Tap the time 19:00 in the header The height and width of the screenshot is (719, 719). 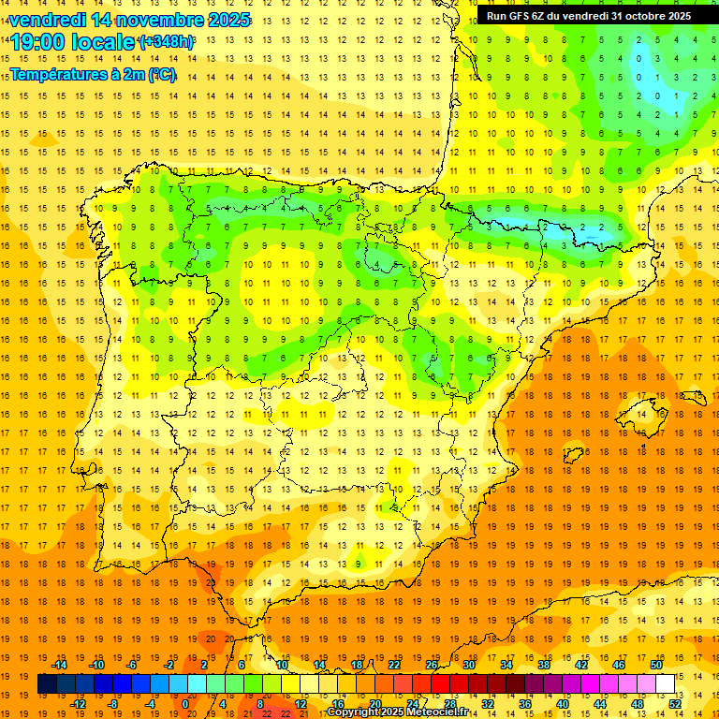click(x=38, y=42)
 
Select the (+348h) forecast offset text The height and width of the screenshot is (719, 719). click(x=167, y=42)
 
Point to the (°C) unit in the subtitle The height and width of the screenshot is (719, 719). click(x=161, y=74)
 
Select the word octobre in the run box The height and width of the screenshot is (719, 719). click(x=637, y=16)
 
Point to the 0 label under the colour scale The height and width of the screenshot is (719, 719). click(x=185, y=704)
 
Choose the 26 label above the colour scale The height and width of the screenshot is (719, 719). click(x=432, y=665)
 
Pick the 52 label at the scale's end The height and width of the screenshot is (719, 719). click(x=675, y=704)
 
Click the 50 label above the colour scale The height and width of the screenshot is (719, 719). click(x=655, y=665)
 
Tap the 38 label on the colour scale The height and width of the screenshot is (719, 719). click(x=543, y=665)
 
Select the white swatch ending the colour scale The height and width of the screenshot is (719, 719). click(x=665, y=684)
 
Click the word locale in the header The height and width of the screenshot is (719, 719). click(x=102, y=42)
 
